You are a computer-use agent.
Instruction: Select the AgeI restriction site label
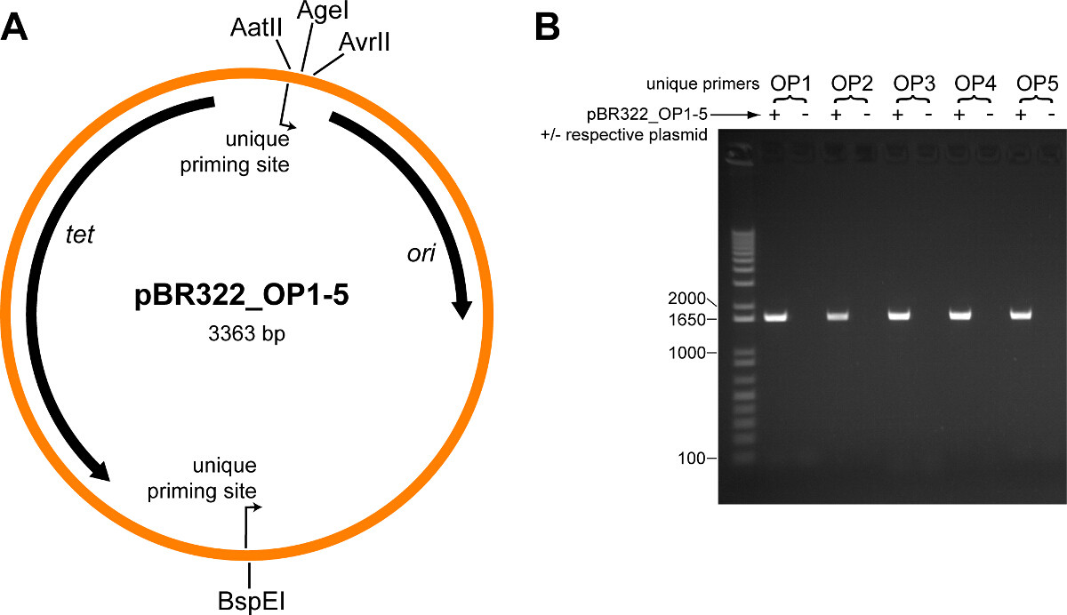317,12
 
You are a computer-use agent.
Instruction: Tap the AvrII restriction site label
365,42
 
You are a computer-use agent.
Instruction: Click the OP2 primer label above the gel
851,84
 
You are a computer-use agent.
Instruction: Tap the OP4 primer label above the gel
975,84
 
